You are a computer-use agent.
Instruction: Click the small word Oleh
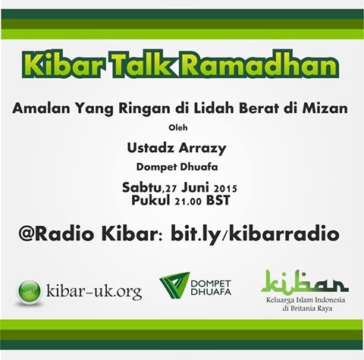pos(178,127)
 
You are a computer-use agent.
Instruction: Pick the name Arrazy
pos(202,149)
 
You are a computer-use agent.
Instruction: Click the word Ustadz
pos(151,148)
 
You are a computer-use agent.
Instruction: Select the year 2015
pos(225,189)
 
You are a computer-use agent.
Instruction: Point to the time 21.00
pos(188,202)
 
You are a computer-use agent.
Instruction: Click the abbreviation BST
pos(218,200)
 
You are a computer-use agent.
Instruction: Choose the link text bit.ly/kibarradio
pos(255,234)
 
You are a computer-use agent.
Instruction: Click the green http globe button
pos(30,293)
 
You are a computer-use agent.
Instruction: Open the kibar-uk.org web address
pos(94,292)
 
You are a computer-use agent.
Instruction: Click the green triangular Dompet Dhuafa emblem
pos(174,284)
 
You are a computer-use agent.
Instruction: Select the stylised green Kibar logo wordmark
pos(305,282)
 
